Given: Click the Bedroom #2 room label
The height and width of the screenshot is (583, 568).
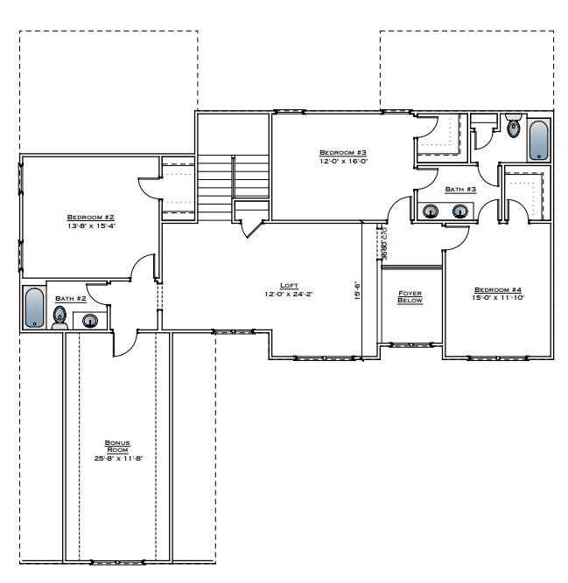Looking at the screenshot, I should point(91,216).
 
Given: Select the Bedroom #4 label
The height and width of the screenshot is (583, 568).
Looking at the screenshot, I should point(497,289).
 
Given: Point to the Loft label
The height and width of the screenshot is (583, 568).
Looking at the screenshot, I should point(289,286).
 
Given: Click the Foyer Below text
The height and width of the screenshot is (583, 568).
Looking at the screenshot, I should point(410,297).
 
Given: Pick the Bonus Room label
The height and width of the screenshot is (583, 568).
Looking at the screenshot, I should point(117,447).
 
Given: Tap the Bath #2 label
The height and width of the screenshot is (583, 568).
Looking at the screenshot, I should point(70,298).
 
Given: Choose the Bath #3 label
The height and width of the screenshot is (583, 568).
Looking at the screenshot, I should point(459,189).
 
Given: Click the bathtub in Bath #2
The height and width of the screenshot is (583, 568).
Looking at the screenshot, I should point(34,308).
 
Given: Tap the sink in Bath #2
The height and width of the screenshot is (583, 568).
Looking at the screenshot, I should point(90,321).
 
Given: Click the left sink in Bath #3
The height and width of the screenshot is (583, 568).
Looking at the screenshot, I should point(431,211).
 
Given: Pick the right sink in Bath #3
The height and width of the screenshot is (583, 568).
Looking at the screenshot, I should point(460,211).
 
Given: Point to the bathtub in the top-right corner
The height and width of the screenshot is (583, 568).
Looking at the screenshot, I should point(538,140).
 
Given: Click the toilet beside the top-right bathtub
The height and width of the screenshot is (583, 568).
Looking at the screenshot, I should point(514,128).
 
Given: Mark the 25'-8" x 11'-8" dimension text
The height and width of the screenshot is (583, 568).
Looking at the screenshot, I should point(117,458).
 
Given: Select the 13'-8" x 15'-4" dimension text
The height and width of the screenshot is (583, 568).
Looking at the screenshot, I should point(91,225).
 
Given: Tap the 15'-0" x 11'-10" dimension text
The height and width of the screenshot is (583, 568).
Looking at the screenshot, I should point(497,298).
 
